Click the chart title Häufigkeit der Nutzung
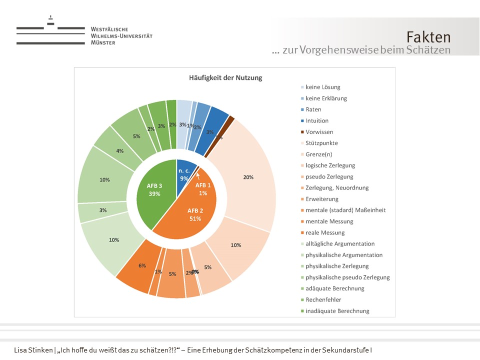click(225, 77)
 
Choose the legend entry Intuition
click(317, 120)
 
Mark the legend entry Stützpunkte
click(321, 143)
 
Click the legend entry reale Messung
click(325, 232)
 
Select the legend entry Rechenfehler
click(323, 299)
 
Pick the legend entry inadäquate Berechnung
click(337, 311)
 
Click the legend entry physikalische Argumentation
click(344, 255)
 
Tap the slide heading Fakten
click(428, 37)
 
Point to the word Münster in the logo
click(103, 43)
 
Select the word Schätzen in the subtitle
click(429, 50)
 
